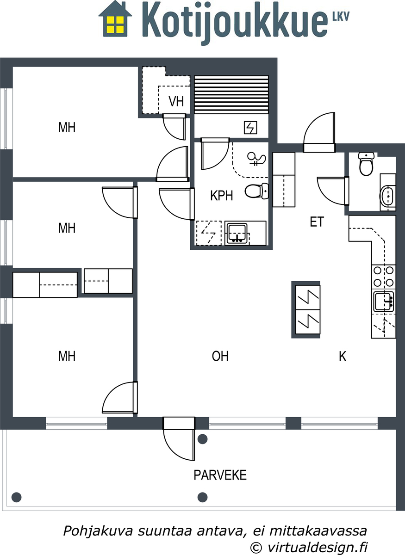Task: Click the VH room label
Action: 176,101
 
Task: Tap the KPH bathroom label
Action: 222,196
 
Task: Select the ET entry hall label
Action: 317,222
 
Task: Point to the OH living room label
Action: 220,356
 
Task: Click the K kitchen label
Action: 343,357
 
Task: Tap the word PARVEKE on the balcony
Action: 220,475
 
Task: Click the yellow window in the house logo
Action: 115,25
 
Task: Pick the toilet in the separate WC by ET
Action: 366,164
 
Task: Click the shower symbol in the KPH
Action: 257,159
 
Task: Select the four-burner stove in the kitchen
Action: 383,277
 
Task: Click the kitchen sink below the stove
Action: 384,302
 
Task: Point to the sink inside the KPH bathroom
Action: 237,233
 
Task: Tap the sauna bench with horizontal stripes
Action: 231,94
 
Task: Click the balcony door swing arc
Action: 174,448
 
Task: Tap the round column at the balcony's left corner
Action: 17,497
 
